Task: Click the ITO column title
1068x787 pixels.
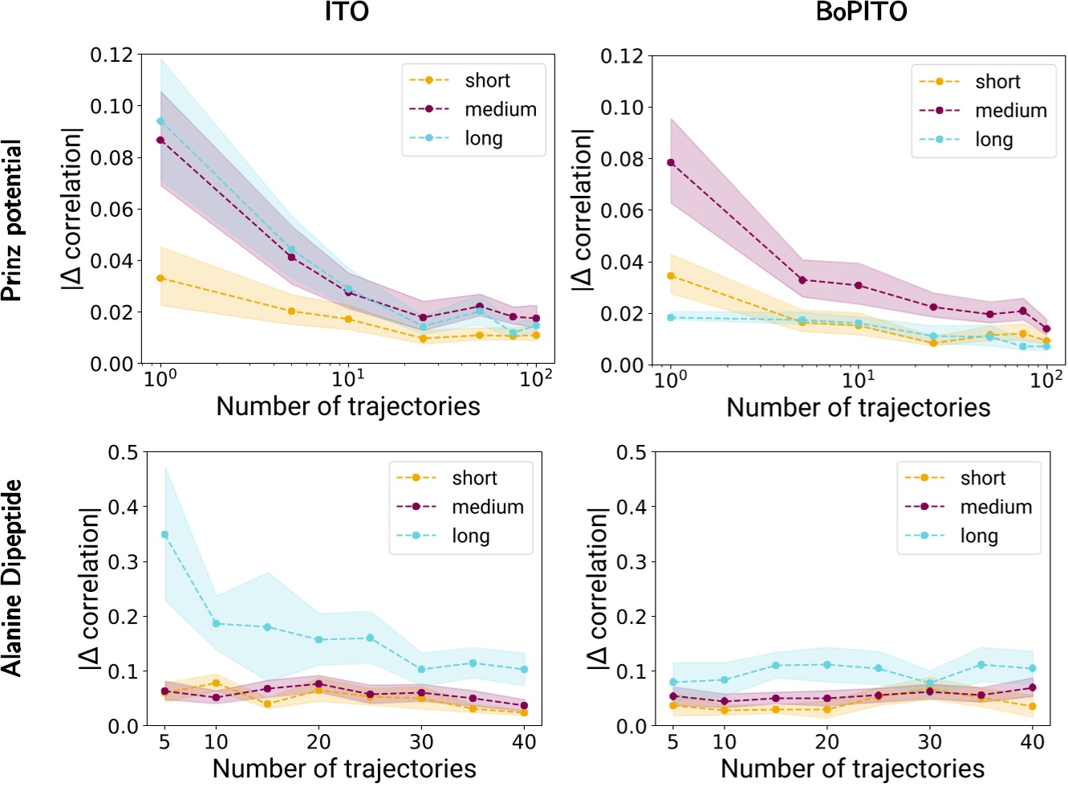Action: pyautogui.click(x=347, y=13)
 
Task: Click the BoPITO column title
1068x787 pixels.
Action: pyautogui.click(x=860, y=13)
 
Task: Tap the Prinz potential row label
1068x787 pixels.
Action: pyautogui.click(x=13, y=221)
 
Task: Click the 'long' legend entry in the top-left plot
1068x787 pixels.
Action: pyautogui.click(x=483, y=138)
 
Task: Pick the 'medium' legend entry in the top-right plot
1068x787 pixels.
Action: pyautogui.click(x=1010, y=111)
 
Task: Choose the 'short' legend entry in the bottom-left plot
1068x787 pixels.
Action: pyautogui.click(x=474, y=478)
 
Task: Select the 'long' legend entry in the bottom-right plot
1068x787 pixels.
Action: pyautogui.click(x=979, y=536)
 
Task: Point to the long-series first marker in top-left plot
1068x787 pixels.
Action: pyautogui.click(x=160, y=121)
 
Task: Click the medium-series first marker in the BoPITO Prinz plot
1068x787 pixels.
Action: pyautogui.click(x=671, y=163)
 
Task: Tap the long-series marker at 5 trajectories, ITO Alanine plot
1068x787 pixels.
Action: pyautogui.click(x=164, y=535)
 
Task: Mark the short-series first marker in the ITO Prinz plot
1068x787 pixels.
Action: pyautogui.click(x=160, y=278)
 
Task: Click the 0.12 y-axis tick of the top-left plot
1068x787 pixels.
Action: pyautogui.click(x=112, y=55)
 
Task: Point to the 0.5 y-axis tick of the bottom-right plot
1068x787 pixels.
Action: pyautogui.click(x=631, y=452)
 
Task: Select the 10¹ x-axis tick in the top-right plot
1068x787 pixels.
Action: pyautogui.click(x=858, y=380)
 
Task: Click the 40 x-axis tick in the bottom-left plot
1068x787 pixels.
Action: pyautogui.click(x=524, y=742)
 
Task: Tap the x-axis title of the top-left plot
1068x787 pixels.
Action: pyautogui.click(x=347, y=406)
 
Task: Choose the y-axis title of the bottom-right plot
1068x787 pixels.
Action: pyautogui.click(x=599, y=589)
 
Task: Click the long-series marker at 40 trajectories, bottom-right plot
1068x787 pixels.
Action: pyautogui.click(x=1033, y=668)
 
